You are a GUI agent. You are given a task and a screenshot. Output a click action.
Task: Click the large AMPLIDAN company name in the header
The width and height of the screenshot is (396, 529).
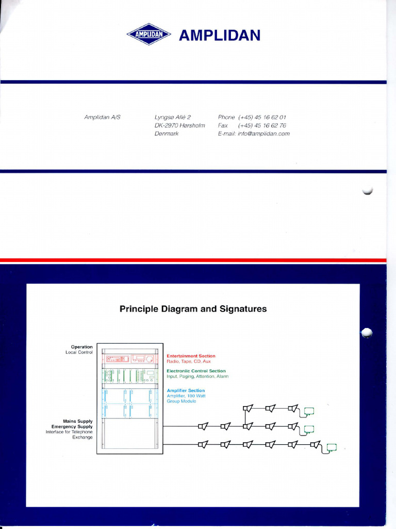[219, 35]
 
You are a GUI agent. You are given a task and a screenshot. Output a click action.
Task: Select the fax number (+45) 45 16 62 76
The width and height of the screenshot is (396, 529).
[262, 126]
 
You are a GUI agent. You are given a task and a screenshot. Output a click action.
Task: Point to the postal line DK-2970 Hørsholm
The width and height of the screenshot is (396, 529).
[179, 126]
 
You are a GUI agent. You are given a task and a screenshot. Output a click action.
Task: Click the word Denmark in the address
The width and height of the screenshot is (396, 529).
[167, 133]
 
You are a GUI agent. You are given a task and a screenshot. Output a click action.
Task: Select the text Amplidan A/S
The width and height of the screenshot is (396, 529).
[102, 117]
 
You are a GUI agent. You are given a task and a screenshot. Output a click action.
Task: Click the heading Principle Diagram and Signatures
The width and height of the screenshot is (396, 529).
[193, 309]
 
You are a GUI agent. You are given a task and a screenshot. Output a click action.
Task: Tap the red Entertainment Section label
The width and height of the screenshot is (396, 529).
[191, 356]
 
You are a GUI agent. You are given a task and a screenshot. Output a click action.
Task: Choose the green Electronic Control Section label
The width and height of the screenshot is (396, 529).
[196, 371]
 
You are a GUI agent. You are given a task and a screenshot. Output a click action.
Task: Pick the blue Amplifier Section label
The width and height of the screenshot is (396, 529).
[186, 391]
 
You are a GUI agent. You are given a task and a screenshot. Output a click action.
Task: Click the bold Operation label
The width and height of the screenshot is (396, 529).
[82, 347]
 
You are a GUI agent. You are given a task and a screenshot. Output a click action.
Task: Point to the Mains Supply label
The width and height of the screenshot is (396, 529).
[78, 421]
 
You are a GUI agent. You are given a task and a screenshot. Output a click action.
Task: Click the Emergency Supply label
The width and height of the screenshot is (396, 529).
[72, 427]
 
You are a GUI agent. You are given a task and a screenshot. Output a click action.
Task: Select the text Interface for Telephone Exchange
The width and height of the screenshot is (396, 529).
[70, 434]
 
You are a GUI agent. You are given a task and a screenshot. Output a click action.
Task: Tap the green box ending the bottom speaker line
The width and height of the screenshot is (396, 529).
[332, 447]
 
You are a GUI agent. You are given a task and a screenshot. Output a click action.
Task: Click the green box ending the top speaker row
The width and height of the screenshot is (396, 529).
[309, 411]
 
